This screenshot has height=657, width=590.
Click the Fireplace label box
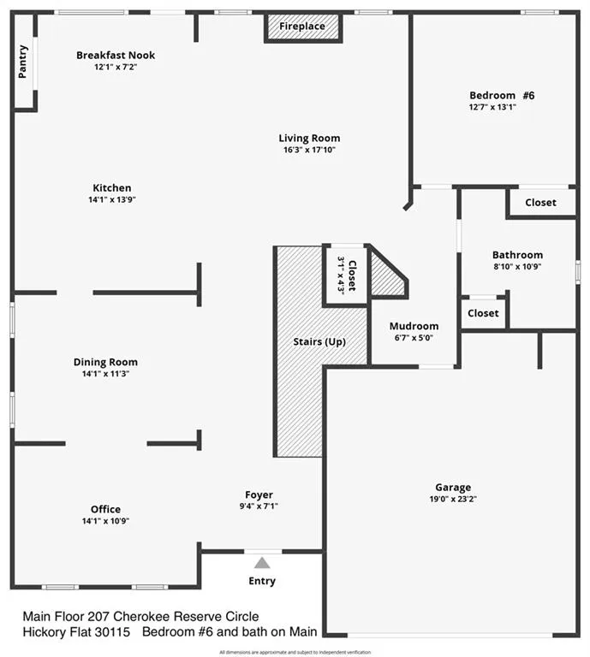pos(302,27)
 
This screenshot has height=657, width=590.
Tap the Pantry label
pos(23,62)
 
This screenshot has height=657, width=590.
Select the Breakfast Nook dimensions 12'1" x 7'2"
pos(116,67)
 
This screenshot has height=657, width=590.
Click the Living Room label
pos(309,138)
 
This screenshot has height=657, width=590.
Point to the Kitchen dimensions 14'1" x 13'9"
pos(112,199)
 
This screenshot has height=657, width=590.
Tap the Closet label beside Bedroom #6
pos(539,203)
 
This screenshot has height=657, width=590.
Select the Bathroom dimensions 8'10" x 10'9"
pos(517,266)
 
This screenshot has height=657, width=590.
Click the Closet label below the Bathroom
pos(483,313)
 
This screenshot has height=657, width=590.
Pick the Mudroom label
pos(414,326)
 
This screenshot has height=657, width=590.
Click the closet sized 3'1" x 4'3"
pos(345,274)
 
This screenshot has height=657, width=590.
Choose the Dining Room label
pos(105,362)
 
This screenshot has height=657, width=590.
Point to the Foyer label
pos(259,494)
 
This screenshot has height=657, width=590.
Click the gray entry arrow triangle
pos(262,563)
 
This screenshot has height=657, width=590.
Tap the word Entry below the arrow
pos(262,582)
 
